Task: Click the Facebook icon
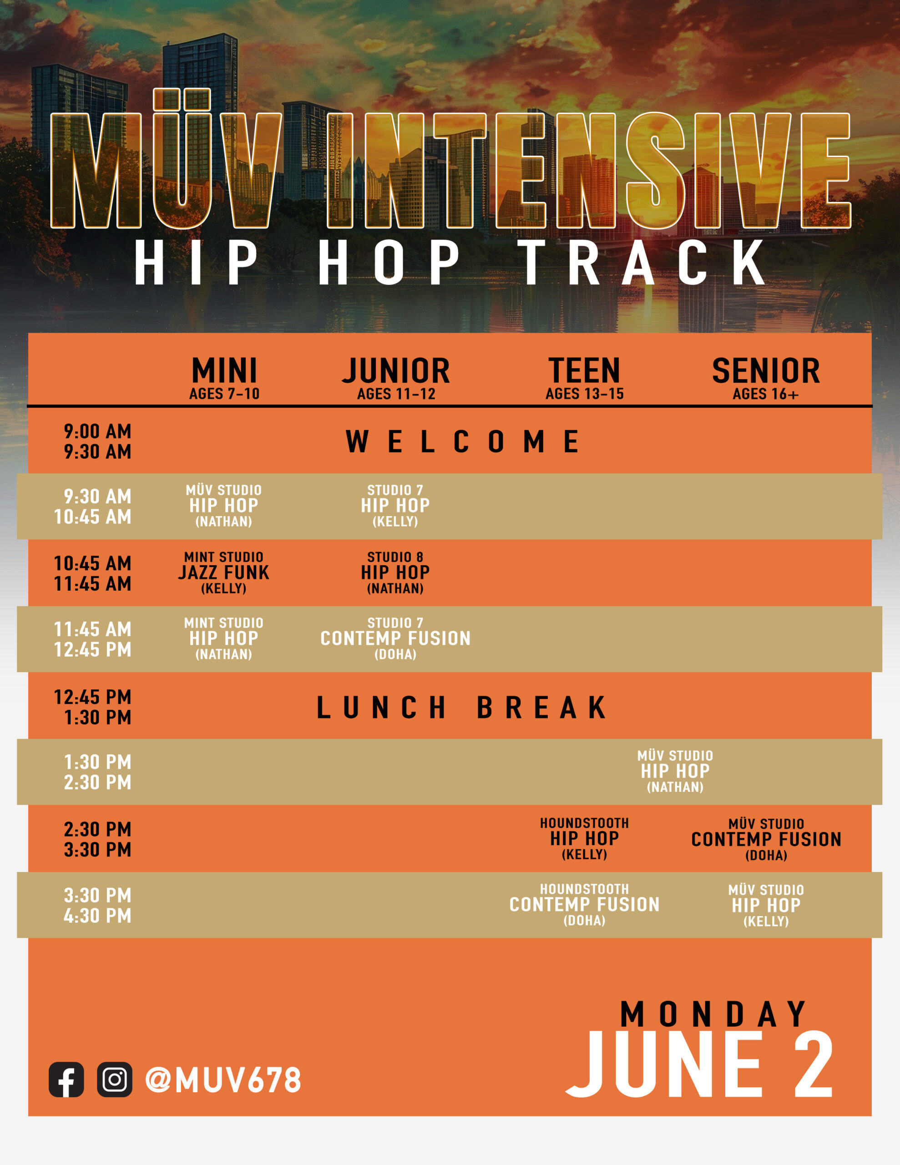(66, 1079)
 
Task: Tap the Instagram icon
(115, 1079)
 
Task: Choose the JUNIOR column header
(396, 371)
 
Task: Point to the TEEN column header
(585, 371)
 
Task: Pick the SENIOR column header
(766, 371)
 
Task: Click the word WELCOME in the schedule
(463, 442)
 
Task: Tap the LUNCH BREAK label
(462, 707)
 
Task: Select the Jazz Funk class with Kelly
(224, 573)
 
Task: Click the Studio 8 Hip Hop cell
(395, 573)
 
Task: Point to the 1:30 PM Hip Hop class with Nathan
(675, 771)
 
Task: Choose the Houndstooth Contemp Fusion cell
(585, 905)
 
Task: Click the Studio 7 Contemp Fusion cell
(395, 638)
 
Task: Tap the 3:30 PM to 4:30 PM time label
(98, 905)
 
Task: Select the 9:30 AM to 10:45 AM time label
(93, 506)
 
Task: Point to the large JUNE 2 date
(699, 1065)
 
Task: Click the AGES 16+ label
(766, 394)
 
